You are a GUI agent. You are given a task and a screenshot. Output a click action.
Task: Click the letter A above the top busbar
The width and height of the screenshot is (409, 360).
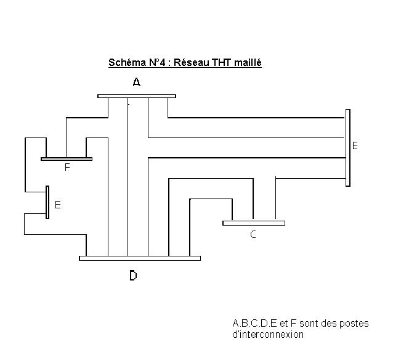137,82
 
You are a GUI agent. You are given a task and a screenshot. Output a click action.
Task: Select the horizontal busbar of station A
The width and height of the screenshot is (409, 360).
137,96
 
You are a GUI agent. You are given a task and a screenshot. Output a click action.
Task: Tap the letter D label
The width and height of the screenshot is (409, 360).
133,276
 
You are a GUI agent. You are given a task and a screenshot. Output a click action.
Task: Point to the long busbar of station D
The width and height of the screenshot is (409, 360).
140,258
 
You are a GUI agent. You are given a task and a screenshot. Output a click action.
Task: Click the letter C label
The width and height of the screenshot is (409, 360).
253,234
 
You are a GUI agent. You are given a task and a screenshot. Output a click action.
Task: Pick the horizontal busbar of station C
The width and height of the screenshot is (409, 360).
253,223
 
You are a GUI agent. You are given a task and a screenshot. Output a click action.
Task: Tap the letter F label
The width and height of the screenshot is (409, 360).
67,167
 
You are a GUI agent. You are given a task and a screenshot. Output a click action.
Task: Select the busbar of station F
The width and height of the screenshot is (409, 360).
67,159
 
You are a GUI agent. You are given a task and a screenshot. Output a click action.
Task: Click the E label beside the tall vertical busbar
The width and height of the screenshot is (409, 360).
355,146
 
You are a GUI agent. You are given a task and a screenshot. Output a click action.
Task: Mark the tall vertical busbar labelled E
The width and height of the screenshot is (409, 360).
348,147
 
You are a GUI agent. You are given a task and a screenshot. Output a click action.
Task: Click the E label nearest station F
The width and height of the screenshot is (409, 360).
57,205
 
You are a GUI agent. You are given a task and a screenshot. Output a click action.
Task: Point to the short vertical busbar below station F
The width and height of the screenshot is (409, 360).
47,202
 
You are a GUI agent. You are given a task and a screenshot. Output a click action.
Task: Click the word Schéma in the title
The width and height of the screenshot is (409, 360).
127,63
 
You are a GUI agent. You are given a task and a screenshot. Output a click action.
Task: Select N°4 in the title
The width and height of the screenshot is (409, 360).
158,63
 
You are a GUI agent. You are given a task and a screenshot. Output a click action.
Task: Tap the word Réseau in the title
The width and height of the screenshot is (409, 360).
192,63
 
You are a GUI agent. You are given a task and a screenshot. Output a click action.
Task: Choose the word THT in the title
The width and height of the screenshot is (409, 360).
222,63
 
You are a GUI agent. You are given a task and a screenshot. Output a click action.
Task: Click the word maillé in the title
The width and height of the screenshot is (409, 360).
248,63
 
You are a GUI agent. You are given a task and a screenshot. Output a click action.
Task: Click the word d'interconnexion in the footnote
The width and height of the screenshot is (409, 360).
268,335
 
